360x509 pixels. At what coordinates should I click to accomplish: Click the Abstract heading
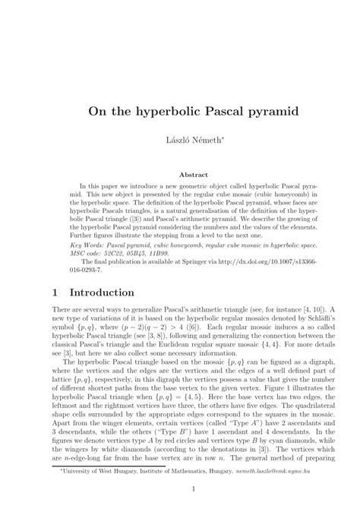180,174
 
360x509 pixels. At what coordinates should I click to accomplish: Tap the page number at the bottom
180,488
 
